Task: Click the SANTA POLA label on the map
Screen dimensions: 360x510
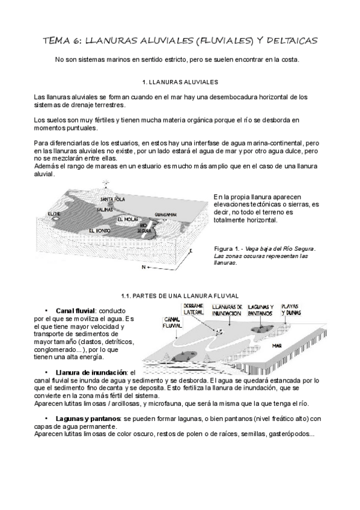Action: (x=112, y=199)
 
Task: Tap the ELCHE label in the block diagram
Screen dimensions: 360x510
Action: (x=53, y=214)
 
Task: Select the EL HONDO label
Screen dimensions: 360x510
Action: (x=99, y=230)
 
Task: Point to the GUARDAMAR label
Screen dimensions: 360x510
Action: (x=166, y=215)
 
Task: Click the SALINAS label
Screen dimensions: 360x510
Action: (x=105, y=210)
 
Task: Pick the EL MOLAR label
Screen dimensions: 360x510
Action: (x=127, y=220)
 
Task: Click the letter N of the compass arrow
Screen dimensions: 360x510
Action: (x=144, y=267)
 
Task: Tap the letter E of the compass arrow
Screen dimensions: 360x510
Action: (x=191, y=251)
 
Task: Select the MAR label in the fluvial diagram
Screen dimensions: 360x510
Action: (x=277, y=346)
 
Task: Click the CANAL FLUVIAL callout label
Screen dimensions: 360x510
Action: (x=173, y=322)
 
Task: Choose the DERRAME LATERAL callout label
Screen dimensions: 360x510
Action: (x=194, y=309)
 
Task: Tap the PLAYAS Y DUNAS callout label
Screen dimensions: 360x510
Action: (x=291, y=310)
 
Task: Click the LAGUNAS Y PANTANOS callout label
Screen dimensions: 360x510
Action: (x=261, y=310)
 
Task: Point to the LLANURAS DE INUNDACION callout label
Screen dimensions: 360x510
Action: (x=227, y=310)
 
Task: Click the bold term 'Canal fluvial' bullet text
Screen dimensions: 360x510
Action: (x=75, y=311)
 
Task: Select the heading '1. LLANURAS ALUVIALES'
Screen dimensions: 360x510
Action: (x=180, y=82)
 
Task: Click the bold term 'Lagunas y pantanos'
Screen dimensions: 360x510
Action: (x=88, y=419)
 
